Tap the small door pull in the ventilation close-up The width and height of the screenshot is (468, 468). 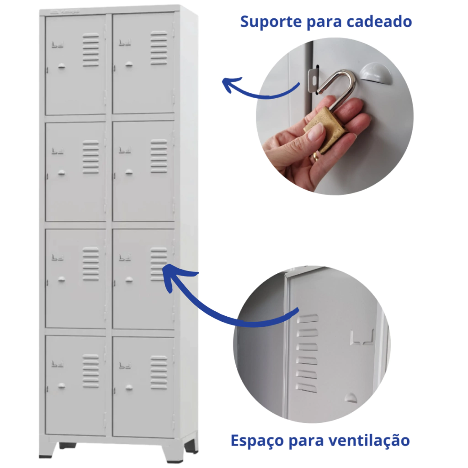coord(350,397)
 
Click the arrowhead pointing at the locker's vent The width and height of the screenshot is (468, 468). coord(173,276)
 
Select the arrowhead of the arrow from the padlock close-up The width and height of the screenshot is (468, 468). coord(230,84)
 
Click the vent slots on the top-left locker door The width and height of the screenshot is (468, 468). coord(91,50)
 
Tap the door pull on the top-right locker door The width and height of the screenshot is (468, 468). coord(129,64)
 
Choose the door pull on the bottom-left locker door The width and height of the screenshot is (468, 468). coord(62,386)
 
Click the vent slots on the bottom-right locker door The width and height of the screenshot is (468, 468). coord(159,372)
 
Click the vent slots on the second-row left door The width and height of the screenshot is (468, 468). coord(91,157)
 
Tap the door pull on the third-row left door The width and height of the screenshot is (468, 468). coord(62,279)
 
